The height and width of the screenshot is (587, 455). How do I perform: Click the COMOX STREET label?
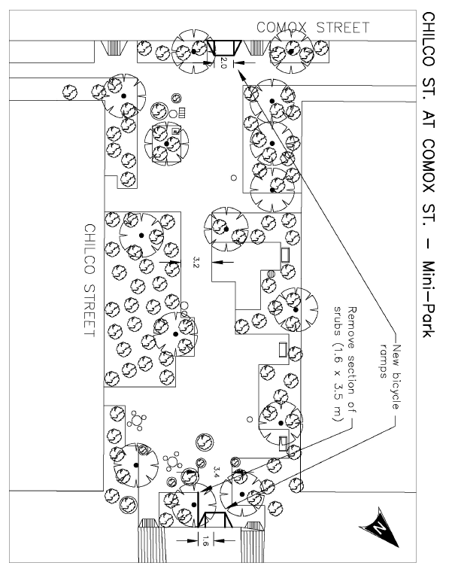(x=313, y=28)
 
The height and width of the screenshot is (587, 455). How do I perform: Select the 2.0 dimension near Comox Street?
(x=223, y=62)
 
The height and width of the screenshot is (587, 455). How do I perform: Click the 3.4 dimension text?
(x=217, y=473)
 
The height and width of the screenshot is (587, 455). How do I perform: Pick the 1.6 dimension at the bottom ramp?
(x=201, y=539)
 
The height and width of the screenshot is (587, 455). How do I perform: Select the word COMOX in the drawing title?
(x=426, y=166)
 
